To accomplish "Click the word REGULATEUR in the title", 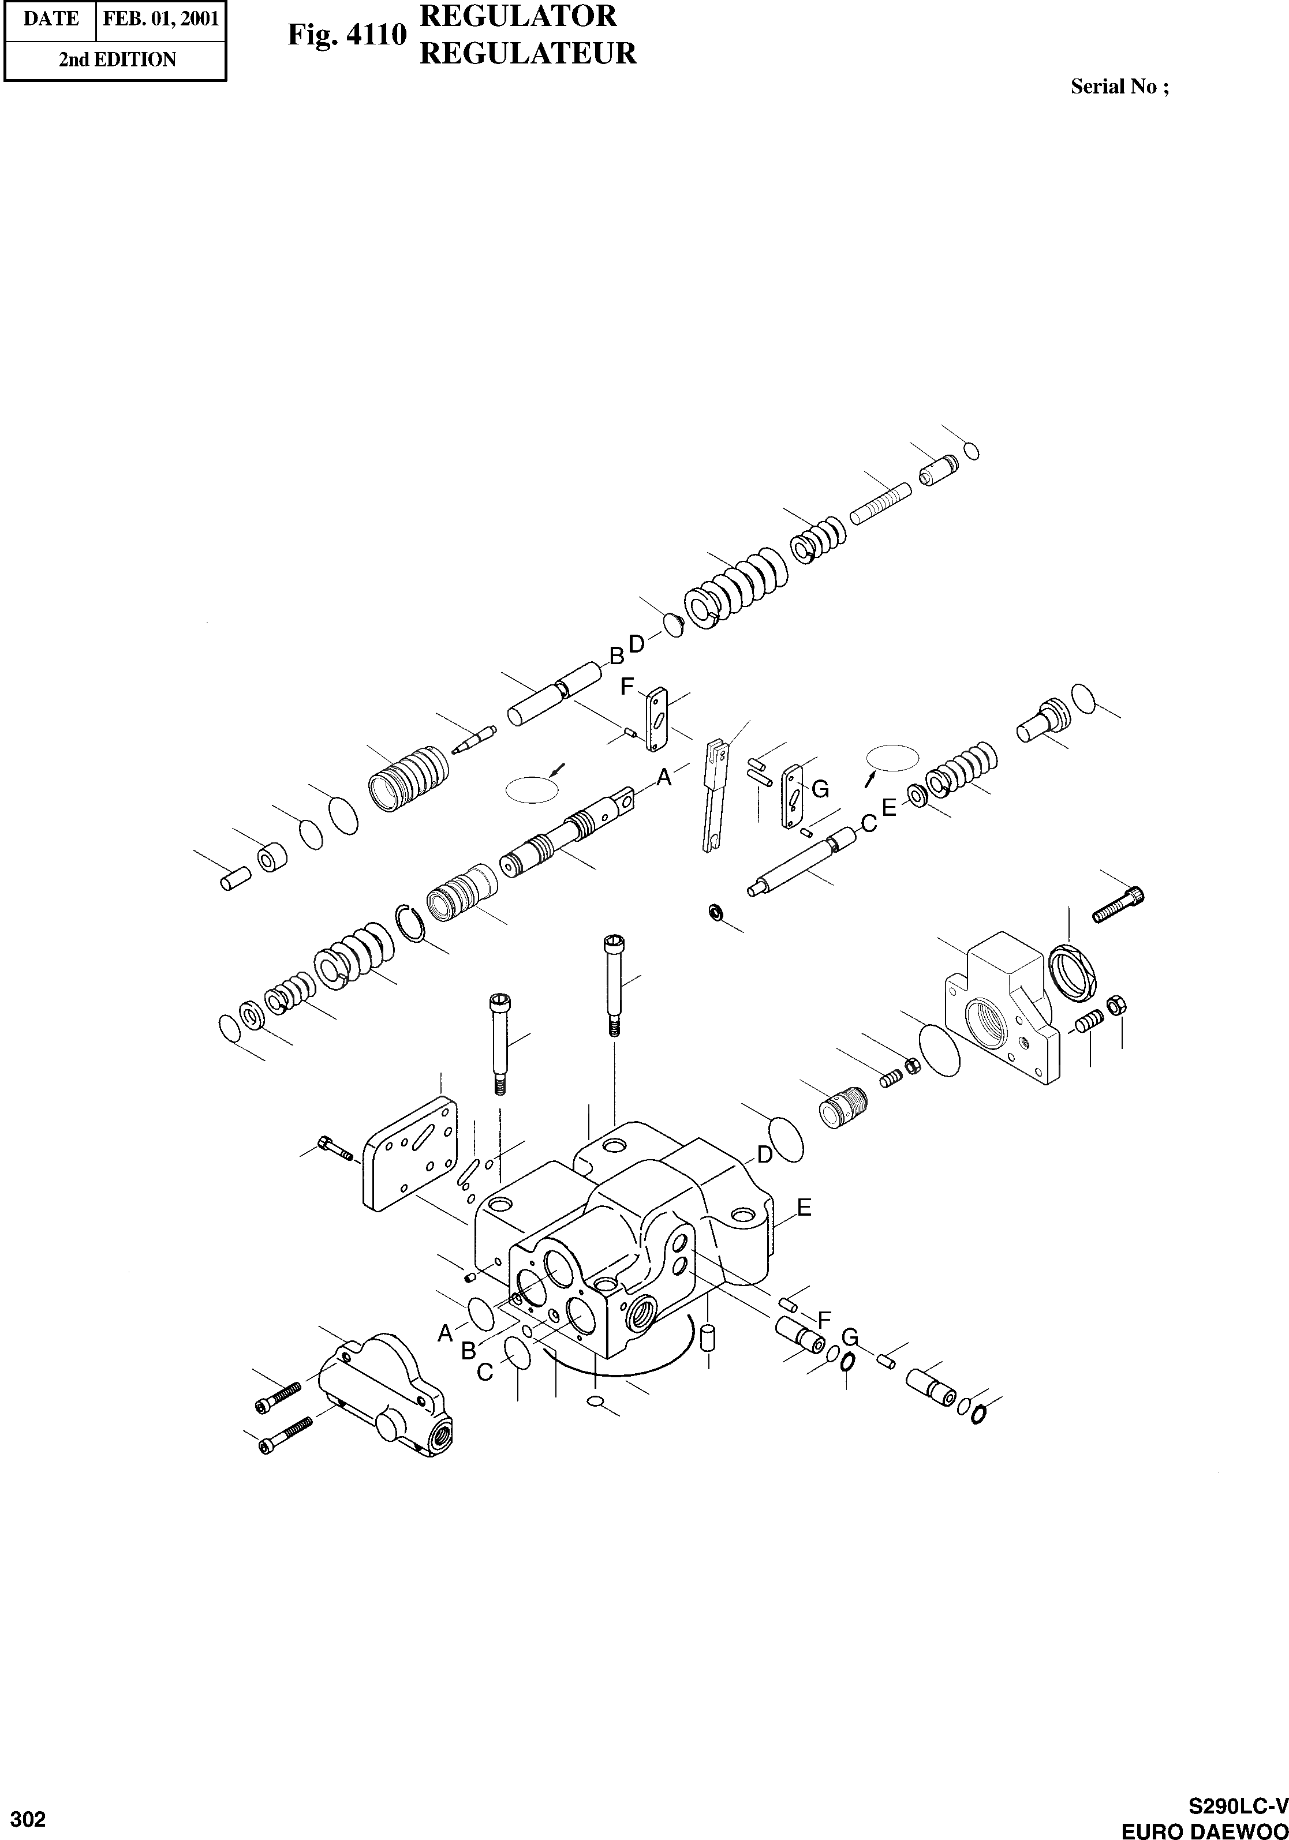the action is (x=528, y=54).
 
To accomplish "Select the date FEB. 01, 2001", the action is (x=161, y=18).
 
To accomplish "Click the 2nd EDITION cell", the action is (x=117, y=60).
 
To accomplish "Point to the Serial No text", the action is (x=1119, y=87).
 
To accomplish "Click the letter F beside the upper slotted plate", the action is (x=627, y=686).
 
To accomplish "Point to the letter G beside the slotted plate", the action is (x=820, y=789).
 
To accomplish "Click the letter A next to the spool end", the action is (x=664, y=775).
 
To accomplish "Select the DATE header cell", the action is (x=50, y=18).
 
